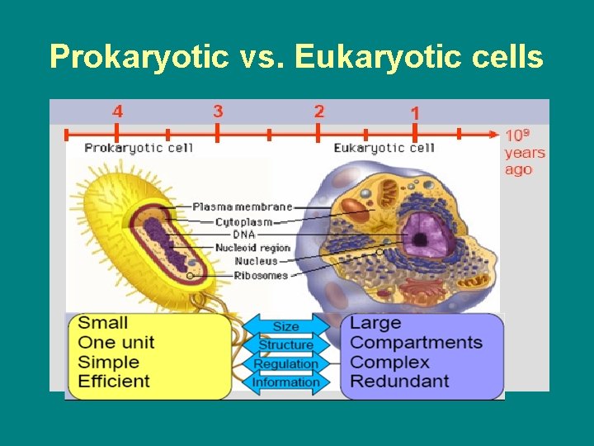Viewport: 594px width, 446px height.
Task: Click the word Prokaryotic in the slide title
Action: coord(138,57)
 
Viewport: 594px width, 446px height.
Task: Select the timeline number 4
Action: coord(118,111)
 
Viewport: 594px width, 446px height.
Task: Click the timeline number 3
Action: coord(218,111)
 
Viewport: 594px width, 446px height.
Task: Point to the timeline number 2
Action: coord(319,111)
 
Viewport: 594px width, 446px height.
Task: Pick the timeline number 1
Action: coord(414,112)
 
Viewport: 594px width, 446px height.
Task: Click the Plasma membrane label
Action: coord(242,206)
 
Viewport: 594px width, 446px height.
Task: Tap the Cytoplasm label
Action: coord(244,221)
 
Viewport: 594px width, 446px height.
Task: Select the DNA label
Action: coord(243,235)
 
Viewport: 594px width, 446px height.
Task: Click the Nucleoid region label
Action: coord(252,248)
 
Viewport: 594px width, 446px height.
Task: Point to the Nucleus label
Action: coord(256,261)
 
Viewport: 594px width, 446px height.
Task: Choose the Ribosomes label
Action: coord(261,275)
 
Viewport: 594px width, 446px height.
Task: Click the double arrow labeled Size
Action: coord(285,327)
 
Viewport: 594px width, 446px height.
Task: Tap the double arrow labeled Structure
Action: coord(285,345)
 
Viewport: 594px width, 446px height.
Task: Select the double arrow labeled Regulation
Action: coord(285,363)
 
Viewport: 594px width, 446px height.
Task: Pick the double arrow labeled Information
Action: coord(285,382)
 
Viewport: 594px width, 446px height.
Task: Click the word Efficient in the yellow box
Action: coord(114,381)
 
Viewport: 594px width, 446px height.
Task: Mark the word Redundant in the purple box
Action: coord(399,381)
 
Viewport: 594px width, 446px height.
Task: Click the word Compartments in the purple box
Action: coord(416,342)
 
